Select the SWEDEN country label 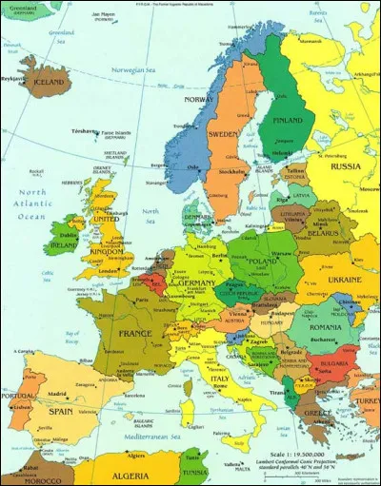click(223, 134)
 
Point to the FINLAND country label click(287, 121)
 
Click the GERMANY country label click(196, 284)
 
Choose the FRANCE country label click(134, 334)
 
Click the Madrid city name click(57, 394)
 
